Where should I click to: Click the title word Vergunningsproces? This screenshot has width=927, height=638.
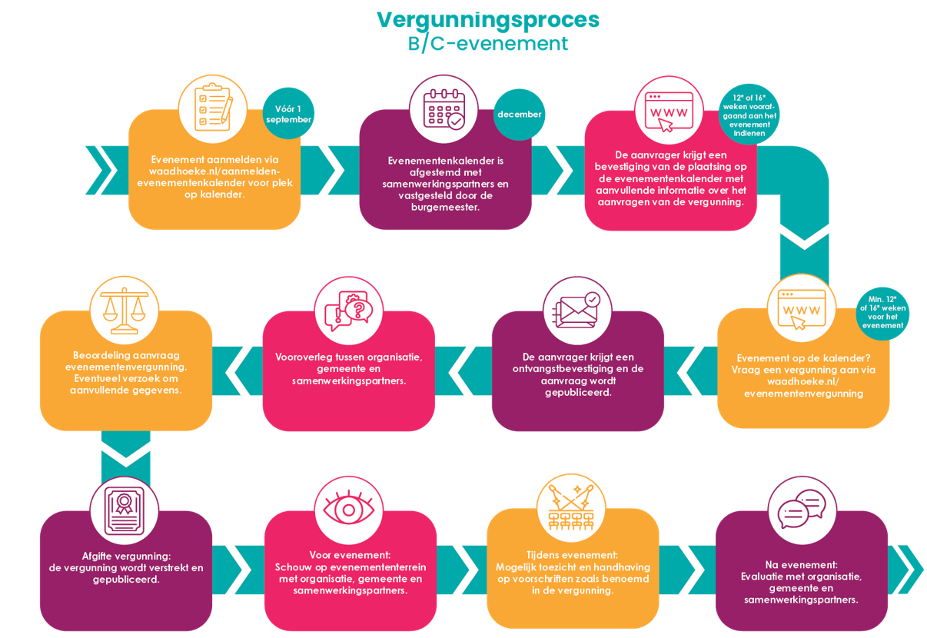488,19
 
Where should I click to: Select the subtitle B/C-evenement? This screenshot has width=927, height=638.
488,44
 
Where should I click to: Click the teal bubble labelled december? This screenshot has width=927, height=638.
520,115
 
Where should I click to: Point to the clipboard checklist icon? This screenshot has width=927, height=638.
213,109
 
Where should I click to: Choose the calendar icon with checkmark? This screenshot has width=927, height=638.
444,109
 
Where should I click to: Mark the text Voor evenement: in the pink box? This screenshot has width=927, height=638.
350,555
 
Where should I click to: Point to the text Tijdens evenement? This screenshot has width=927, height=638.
573,555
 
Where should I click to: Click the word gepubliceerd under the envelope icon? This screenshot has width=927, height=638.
576,392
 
